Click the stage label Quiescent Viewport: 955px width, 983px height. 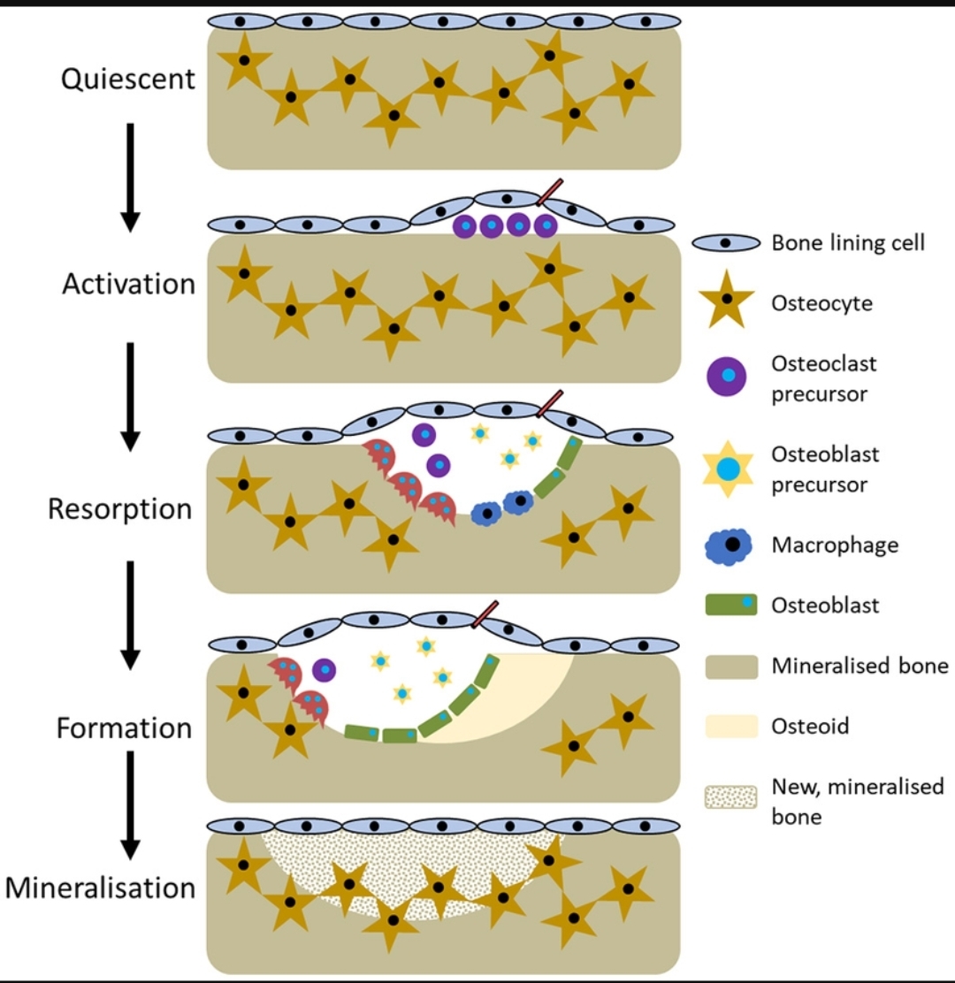click(128, 79)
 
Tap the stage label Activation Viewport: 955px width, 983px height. click(128, 284)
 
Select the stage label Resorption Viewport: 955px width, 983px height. click(119, 509)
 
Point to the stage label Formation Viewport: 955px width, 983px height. click(124, 728)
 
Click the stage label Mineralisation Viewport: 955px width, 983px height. click(100, 887)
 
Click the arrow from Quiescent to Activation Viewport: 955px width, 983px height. click(130, 177)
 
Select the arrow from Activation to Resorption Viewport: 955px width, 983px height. click(130, 395)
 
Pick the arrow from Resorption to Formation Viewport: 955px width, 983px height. click(130, 614)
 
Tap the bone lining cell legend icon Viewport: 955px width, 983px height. click(726, 242)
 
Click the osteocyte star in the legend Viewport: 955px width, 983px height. click(726, 303)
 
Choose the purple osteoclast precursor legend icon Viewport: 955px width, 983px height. click(726, 377)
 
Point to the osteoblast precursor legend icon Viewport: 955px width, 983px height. click(726, 469)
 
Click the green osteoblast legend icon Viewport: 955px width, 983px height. click(730, 606)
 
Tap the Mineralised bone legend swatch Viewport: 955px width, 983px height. click(731, 666)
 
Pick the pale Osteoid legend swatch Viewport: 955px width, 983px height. click(731, 726)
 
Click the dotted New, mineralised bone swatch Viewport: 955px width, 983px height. click(731, 797)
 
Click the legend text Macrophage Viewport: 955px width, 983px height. click(834, 545)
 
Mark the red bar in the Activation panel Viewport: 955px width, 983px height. click(549, 192)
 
